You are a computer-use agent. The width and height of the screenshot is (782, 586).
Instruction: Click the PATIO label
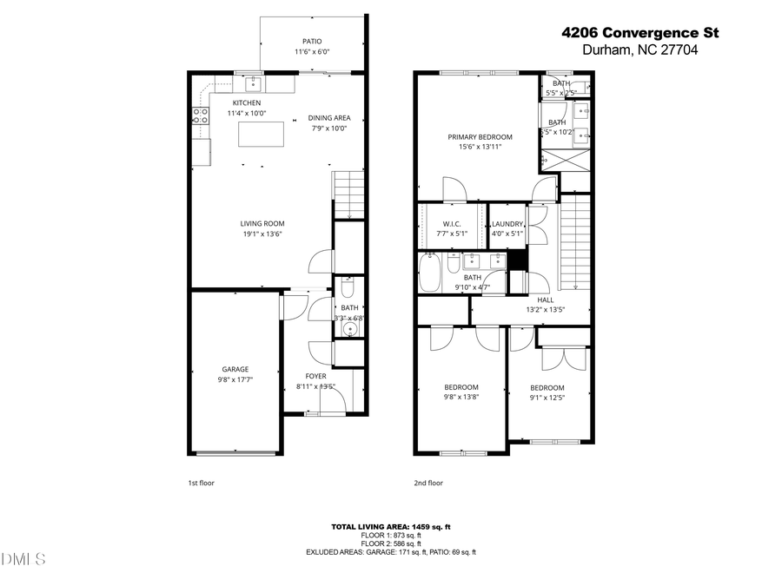click(x=312, y=41)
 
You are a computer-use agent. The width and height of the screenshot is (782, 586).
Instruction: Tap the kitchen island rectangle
click(x=262, y=135)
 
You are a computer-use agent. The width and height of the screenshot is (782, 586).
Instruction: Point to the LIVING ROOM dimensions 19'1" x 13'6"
click(x=262, y=234)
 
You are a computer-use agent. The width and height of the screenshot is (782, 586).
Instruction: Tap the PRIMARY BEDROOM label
click(x=480, y=136)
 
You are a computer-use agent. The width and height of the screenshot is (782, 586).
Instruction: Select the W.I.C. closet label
click(x=451, y=224)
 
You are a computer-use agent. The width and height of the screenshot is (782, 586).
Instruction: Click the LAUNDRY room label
click(x=507, y=224)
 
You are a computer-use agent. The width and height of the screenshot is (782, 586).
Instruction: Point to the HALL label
click(x=546, y=300)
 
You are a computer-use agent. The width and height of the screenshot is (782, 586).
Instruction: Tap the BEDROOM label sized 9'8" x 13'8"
click(x=461, y=387)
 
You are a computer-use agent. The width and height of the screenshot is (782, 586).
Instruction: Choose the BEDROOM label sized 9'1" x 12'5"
click(x=547, y=388)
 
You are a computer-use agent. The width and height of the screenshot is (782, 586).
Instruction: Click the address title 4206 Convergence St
click(x=640, y=34)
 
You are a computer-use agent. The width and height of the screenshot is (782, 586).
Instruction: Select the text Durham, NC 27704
click(x=640, y=51)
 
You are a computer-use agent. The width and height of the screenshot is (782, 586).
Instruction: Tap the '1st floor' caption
click(x=201, y=483)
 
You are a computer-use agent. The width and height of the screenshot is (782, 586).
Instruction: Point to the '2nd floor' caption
click(x=428, y=483)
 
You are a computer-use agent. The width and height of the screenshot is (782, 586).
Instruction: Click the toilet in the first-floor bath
click(x=347, y=286)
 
